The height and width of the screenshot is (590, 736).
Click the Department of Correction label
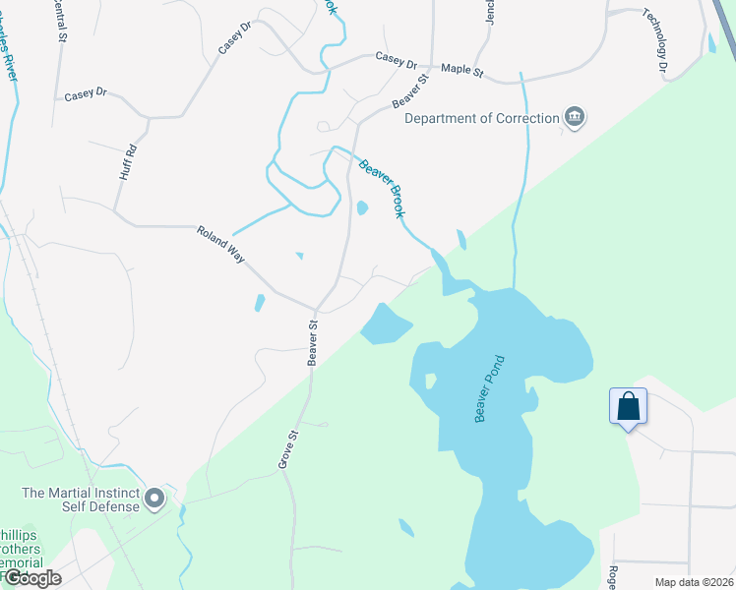[481, 118]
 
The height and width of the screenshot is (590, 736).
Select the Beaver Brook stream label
[382, 188]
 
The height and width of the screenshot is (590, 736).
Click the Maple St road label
[462, 70]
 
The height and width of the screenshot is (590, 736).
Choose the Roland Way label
[219, 245]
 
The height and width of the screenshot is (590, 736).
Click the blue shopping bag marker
[628, 407]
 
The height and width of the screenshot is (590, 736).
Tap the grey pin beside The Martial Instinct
[154, 500]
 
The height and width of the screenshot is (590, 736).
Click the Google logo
[31, 578]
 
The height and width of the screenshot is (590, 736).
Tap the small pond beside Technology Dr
[711, 43]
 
